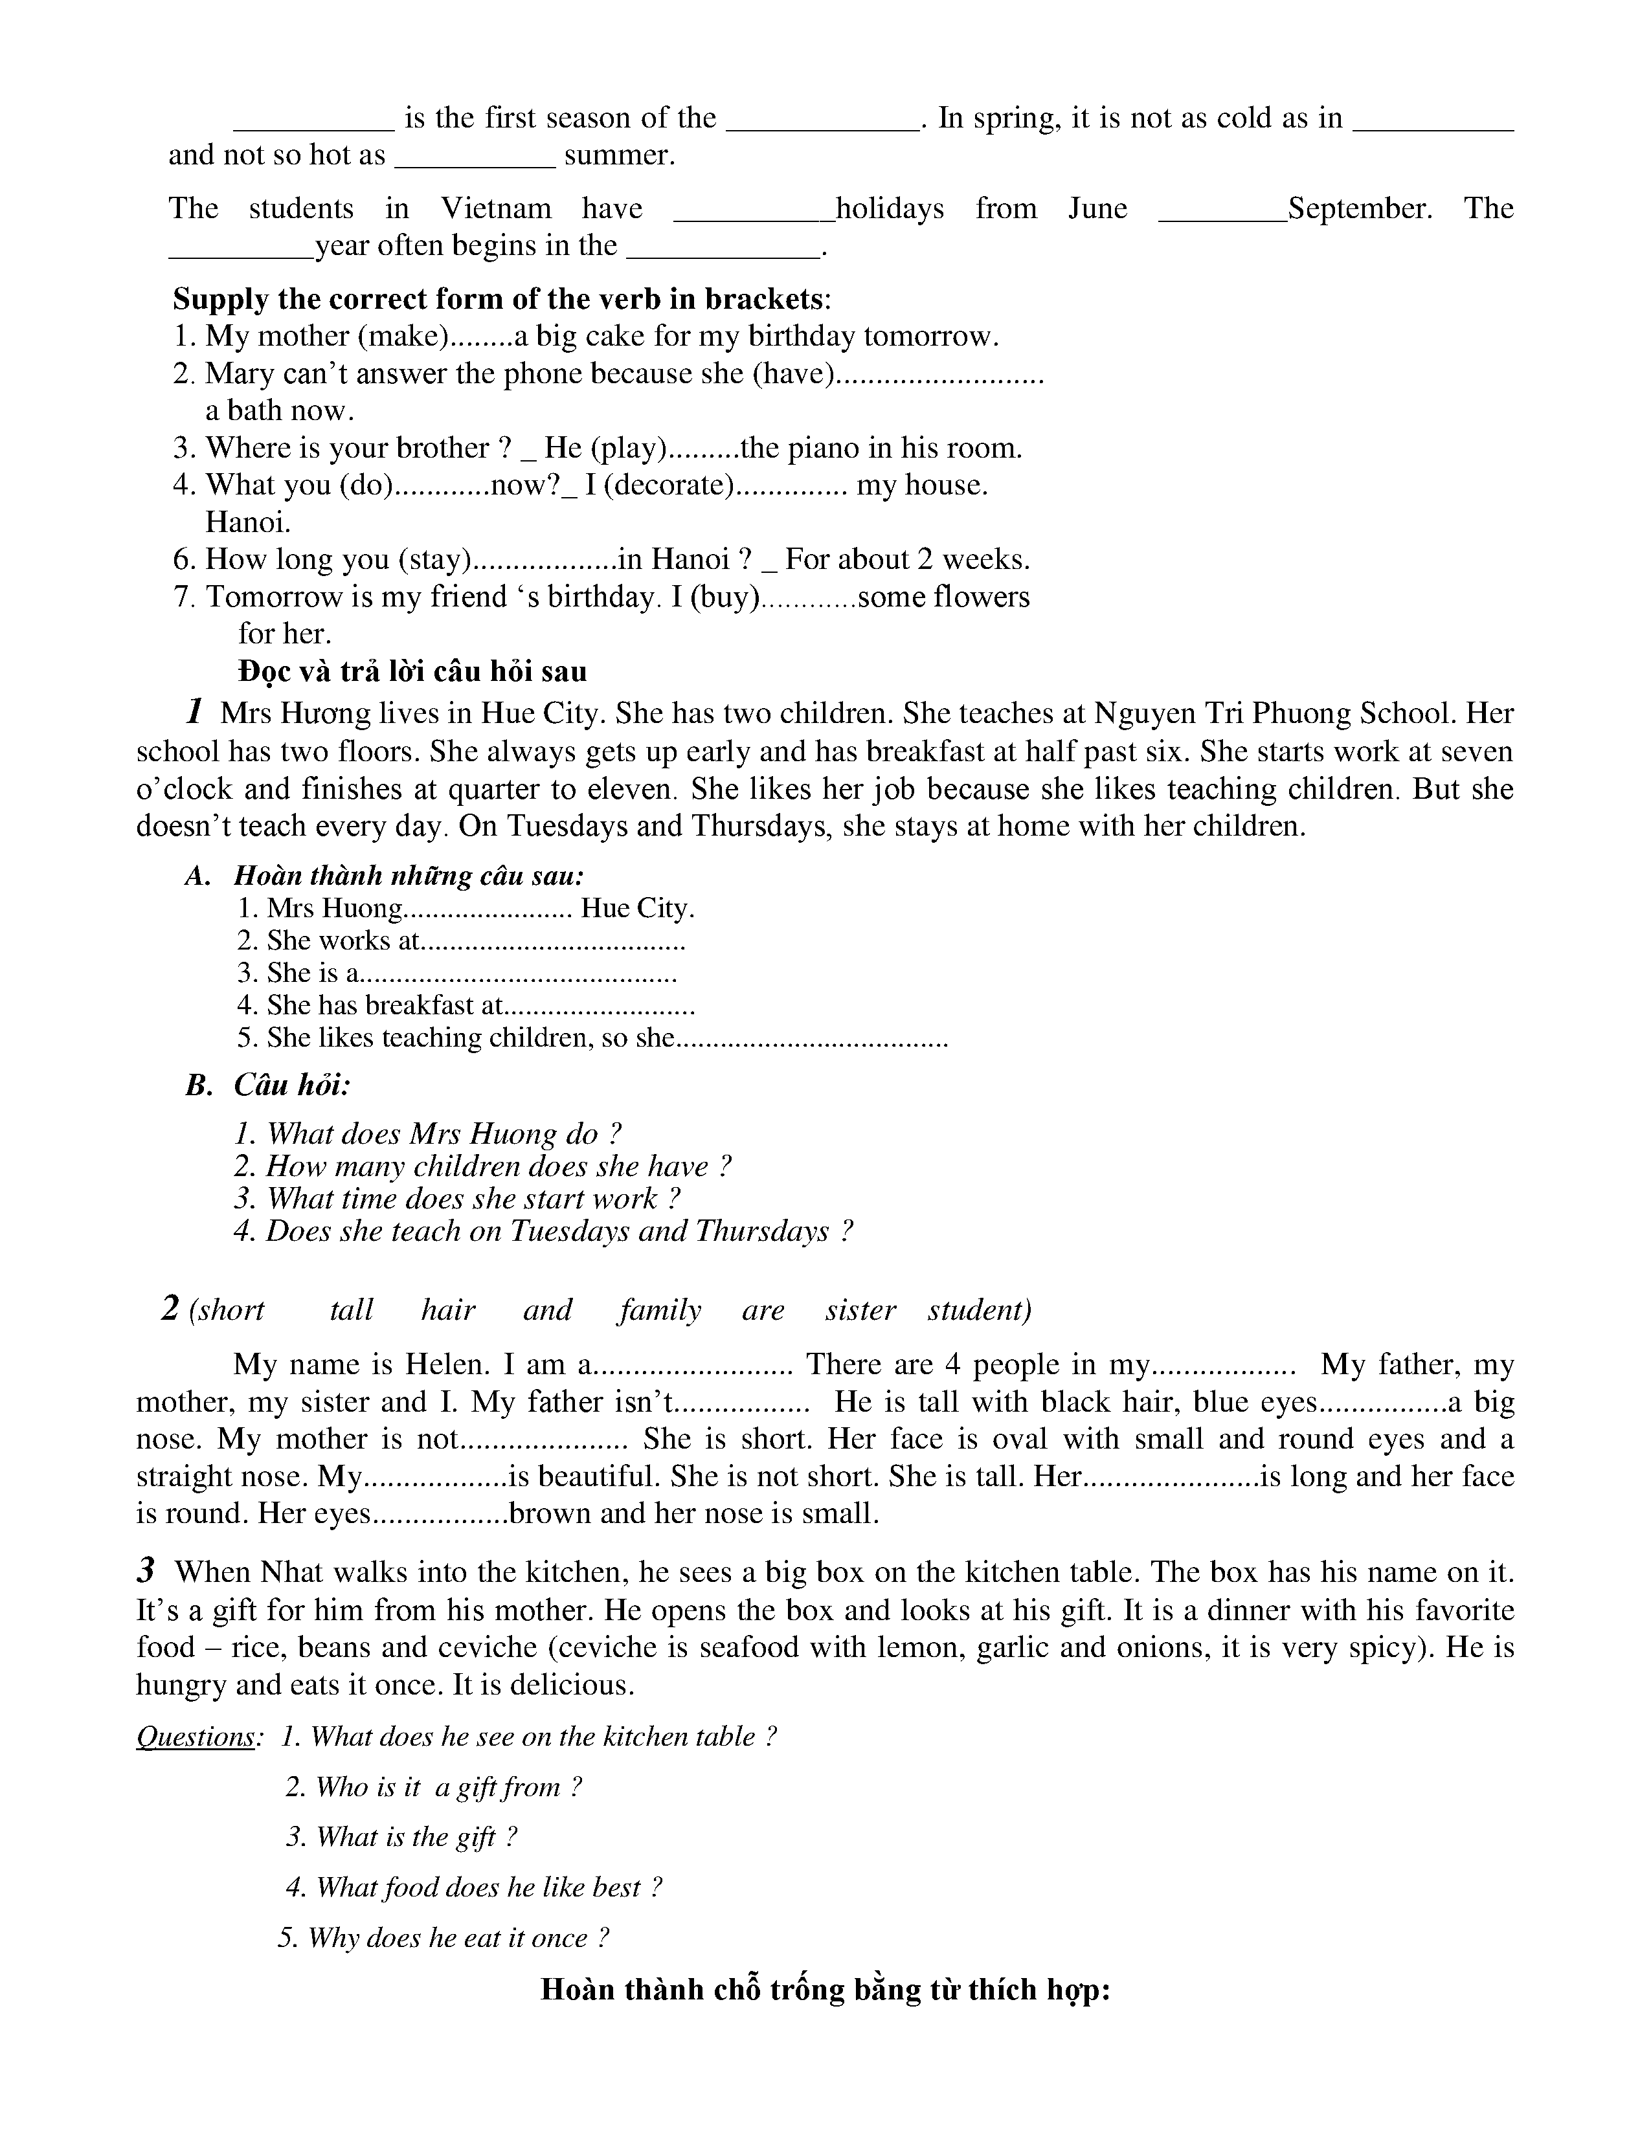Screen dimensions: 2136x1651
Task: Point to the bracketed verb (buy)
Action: [724, 597]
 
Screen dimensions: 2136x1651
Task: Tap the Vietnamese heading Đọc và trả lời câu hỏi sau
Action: [412, 672]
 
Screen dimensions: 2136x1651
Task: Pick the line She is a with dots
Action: [456, 973]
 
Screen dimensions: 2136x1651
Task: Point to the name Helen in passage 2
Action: [448, 1364]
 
